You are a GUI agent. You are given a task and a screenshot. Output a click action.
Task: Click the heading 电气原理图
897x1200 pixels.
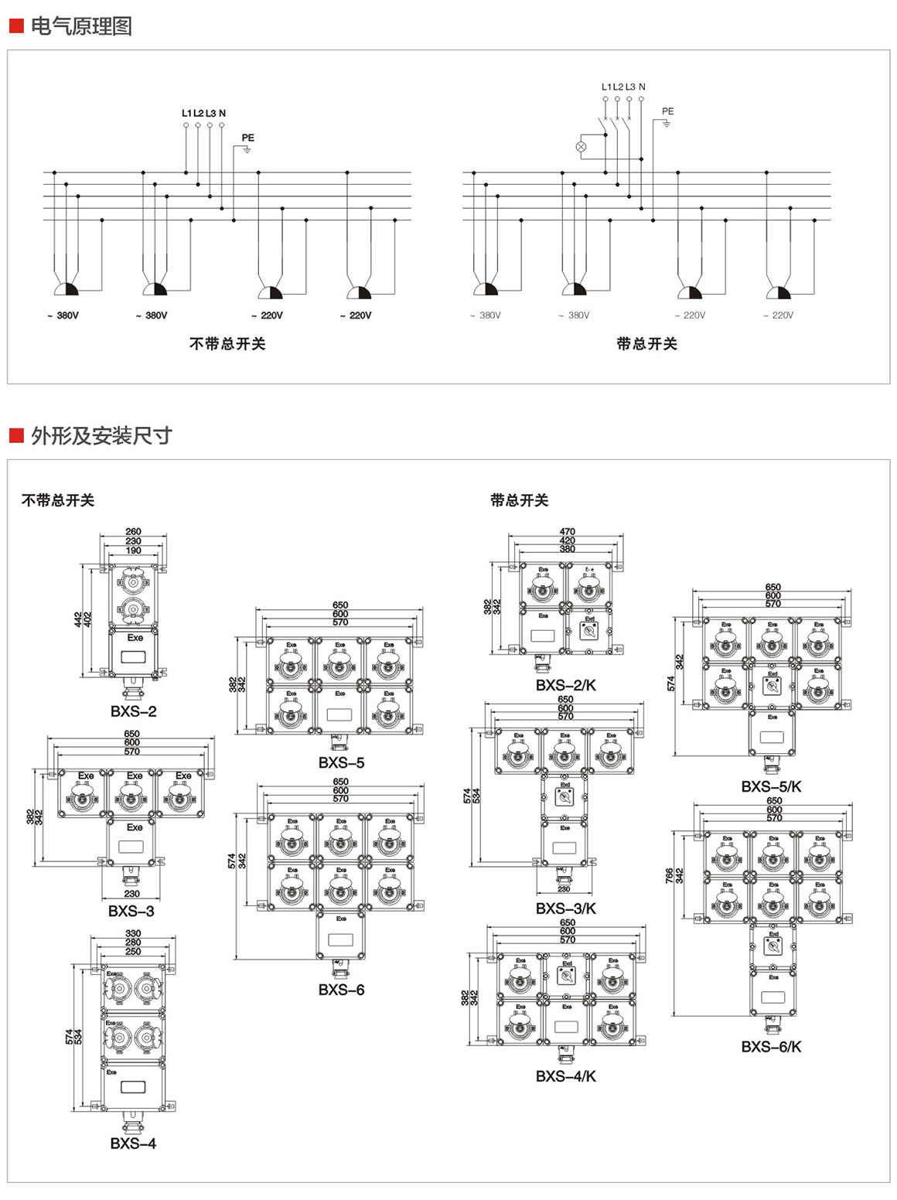pyautogui.click(x=81, y=26)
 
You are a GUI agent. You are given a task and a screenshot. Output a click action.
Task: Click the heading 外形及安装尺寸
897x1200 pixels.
pyautogui.click(x=101, y=436)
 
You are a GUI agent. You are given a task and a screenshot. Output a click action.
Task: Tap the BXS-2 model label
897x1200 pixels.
pyautogui.click(x=133, y=711)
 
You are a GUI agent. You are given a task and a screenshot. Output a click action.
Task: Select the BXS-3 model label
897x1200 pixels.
pyautogui.click(x=131, y=911)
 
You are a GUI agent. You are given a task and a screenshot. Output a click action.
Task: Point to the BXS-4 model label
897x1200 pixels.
pyautogui.click(x=133, y=1144)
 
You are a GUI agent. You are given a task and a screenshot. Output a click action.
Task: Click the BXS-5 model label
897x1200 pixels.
pyautogui.click(x=341, y=762)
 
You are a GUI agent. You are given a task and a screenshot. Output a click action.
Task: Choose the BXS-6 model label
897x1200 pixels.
pyautogui.click(x=341, y=990)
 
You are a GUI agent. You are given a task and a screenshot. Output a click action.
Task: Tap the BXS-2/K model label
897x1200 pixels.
pyautogui.click(x=566, y=685)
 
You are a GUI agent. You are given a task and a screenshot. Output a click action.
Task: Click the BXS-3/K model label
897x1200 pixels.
pyautogui.click(x=566, y=909)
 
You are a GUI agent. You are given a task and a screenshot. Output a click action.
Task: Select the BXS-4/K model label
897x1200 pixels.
pyautogui.click(x=566, y=1076)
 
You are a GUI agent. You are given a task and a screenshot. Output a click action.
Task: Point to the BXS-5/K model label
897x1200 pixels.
pyautogui.click(x=771, y=786)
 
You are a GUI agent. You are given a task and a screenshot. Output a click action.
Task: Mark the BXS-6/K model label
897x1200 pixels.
pyautogui.click(x=771, y=1047)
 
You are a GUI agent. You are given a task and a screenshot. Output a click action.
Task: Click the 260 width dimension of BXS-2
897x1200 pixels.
pyautogui.click(x=134, y=532)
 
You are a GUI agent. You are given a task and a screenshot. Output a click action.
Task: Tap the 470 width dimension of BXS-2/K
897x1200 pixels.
pyautogui.click(x=568, y=532)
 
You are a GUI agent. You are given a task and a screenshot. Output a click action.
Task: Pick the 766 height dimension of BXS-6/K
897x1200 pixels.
pyautogui.click(x=670, y=875)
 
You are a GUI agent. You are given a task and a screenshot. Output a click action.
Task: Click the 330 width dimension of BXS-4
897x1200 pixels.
pyautogui.click(x=133, y=934)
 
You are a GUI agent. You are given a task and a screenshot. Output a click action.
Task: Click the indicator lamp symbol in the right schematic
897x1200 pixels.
pyautogui.click(x=582, y=146)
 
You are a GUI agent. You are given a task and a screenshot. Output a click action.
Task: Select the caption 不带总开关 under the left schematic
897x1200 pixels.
pyautogui.click(x=227, y=344)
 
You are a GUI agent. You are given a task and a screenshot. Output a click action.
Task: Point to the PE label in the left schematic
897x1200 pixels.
pyautogui.click(x=247, y=138)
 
